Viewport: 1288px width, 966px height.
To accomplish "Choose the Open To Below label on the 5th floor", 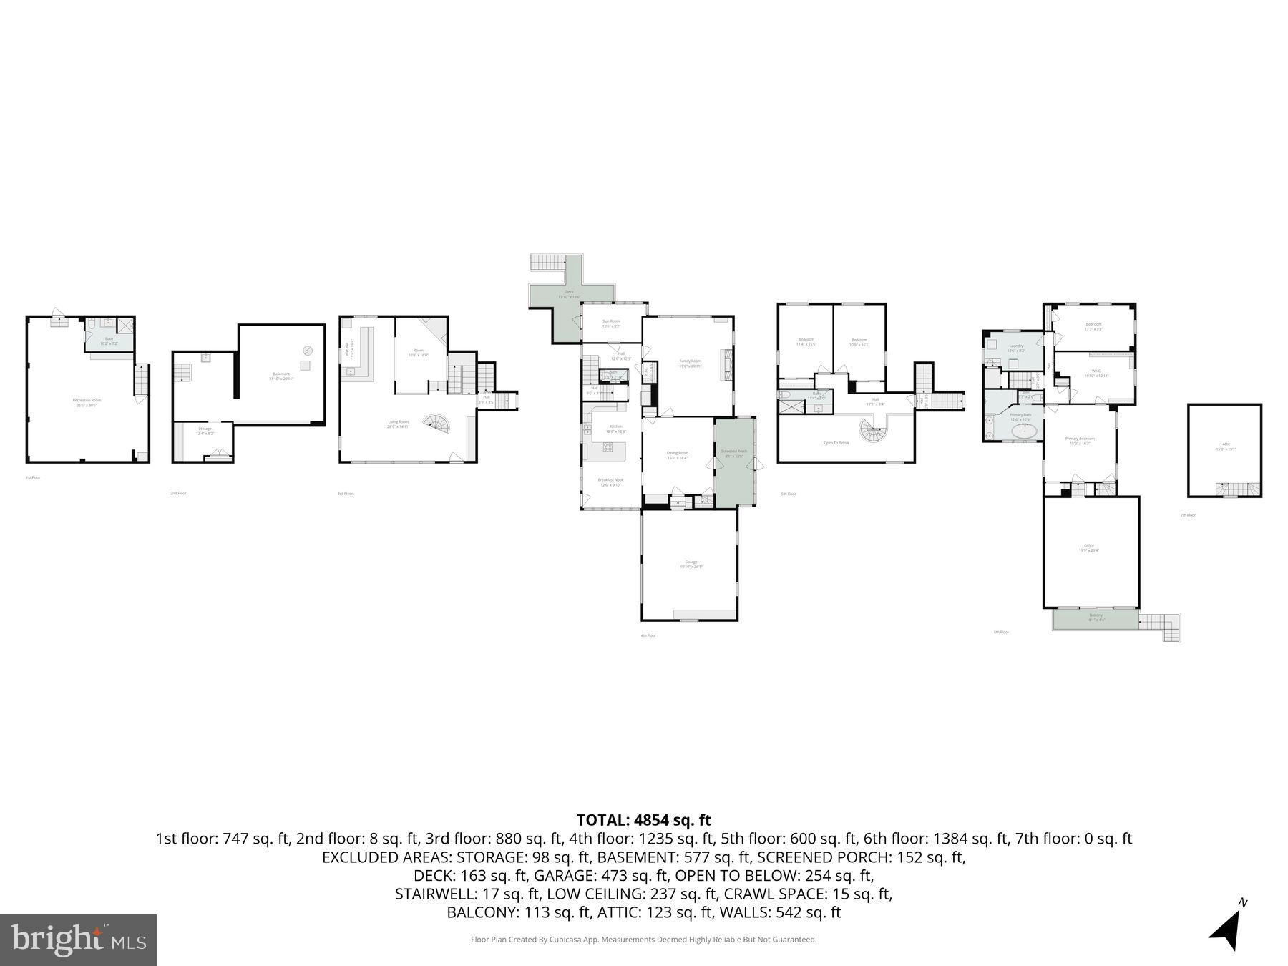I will click(x=836, y=443).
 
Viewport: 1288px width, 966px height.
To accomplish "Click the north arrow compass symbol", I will click(x=1228, y=927).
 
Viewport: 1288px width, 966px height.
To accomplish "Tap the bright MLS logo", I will click(x=78, y=940).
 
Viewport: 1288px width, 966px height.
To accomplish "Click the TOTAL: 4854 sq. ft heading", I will click(x=643, y=820).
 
